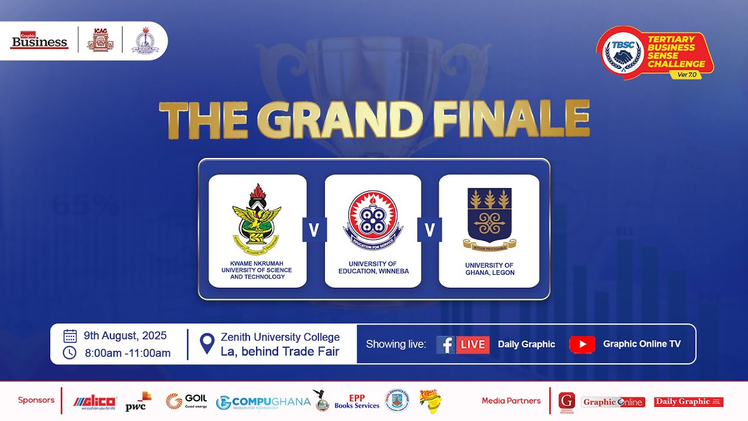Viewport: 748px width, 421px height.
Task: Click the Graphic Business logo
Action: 40,41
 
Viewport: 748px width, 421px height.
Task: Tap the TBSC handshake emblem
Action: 622,53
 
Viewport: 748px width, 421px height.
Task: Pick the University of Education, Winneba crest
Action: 372,219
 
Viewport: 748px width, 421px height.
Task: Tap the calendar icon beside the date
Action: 70,336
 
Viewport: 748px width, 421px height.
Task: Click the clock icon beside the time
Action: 70,353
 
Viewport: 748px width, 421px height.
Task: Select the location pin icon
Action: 207,344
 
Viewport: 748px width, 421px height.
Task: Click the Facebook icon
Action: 445,344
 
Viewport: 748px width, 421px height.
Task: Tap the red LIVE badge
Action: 472,344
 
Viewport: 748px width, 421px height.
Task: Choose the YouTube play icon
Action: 582,344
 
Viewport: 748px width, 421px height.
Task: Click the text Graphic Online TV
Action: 642,344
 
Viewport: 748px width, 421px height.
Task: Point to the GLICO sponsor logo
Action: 95,402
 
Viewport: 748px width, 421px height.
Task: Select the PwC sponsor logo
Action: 138,401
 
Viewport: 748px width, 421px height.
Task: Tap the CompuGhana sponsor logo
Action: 263,402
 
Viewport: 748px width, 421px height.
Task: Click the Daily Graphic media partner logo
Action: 688,402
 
